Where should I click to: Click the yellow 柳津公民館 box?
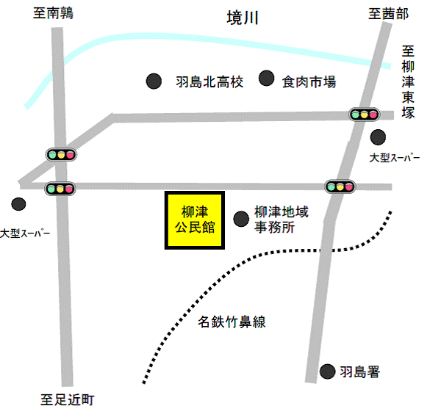(x=193, y=220)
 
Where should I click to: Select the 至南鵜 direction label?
(x=54, y=13)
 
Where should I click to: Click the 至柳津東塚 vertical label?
(x=409, y=81)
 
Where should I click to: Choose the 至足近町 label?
(x=67, y=400)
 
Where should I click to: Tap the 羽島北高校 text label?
(x=209, y=81)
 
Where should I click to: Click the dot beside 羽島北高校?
(x=154, y=80)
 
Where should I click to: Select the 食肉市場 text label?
(x=309, y=81)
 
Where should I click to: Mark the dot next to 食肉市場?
(x=267, y=79)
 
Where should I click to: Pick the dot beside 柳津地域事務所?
(x=240, y=218)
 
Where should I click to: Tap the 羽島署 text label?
(x=359, y=372)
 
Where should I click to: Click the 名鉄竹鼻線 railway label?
(x=232, y=322)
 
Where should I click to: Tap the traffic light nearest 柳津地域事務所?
(x=340, y=186)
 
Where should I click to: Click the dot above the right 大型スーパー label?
(x=378, y=137)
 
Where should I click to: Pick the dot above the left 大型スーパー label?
(x=18, y=203)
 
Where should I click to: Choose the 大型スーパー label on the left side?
(x=25, y=233)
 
